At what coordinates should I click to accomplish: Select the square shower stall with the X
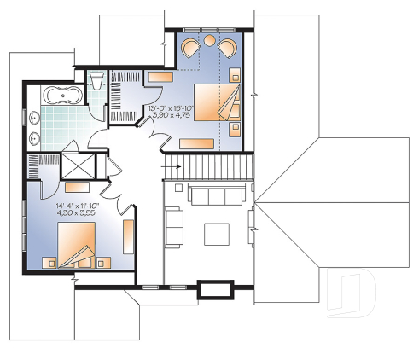coord(80,166)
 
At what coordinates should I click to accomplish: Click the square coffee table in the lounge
coord(216,233)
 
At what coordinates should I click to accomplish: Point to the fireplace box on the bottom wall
coord(210,289)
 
